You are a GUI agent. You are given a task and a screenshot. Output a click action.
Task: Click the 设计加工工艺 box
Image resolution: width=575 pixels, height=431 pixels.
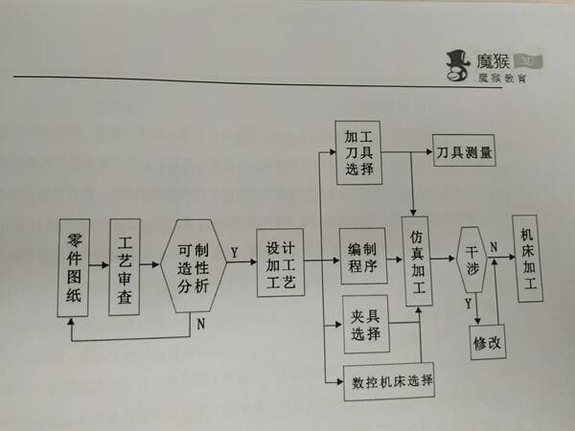282,262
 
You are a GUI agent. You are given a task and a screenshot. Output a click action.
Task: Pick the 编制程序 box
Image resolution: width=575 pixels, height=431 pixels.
362,255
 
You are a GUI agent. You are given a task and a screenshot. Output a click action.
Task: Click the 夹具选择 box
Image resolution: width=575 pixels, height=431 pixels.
365,325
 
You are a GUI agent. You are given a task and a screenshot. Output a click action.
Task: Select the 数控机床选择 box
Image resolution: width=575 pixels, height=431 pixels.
390,383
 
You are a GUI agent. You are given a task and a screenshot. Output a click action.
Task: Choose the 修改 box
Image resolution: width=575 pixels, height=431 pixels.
488,340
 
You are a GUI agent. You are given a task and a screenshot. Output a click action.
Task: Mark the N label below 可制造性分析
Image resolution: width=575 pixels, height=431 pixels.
199,322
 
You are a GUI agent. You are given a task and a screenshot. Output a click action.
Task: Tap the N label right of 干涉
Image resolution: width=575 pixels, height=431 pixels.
494,247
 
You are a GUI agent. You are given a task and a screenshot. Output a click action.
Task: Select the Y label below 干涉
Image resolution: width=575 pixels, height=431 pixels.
468,304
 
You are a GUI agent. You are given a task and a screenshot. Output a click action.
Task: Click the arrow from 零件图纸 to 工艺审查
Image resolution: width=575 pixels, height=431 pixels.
101,263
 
